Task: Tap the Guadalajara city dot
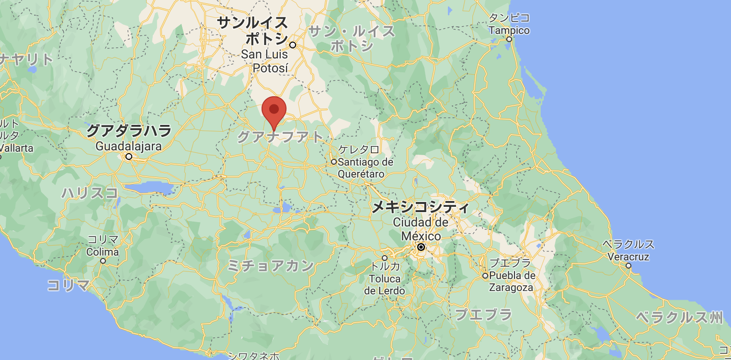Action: click(129, 157)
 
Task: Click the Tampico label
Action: click(509, 30)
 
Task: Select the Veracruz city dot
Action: click(628, 266)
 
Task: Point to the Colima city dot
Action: click(103, 261)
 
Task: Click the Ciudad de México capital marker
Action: click(421, 247)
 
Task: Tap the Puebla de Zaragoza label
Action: click(512, 281)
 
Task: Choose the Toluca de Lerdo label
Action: click(384, 284)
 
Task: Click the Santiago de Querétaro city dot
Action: click(334, 162)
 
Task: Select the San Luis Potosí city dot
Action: click(293, 45)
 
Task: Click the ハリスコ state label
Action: click(90, 193)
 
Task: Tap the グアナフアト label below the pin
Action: click(281, 137)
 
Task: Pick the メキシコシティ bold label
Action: click(421, 207)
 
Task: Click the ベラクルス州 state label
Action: click(679, 317)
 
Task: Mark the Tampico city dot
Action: click(509, 39)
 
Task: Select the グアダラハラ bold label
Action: click(129, 130)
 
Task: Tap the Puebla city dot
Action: click(485, 276)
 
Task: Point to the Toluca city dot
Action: click(385, 258)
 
